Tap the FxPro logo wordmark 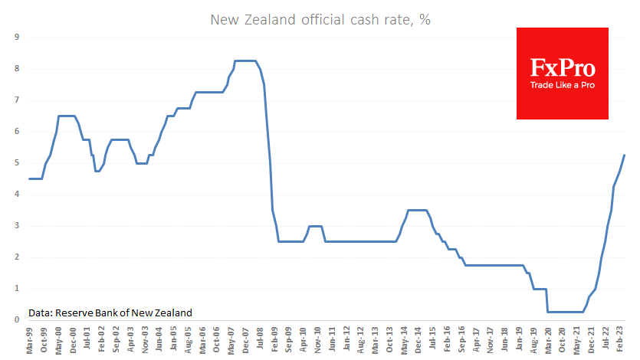(x=562, y=67)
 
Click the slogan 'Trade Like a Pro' (x=562, y=84)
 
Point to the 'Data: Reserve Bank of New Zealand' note (x=110, y=313)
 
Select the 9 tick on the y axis (x=17, y=37)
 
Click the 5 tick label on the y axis (x=17, y=162)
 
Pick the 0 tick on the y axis (x=17, y=319)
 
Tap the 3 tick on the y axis (x=17, y=225)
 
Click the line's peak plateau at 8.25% (x=245, y=61)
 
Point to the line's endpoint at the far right (x=625, y=155)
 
